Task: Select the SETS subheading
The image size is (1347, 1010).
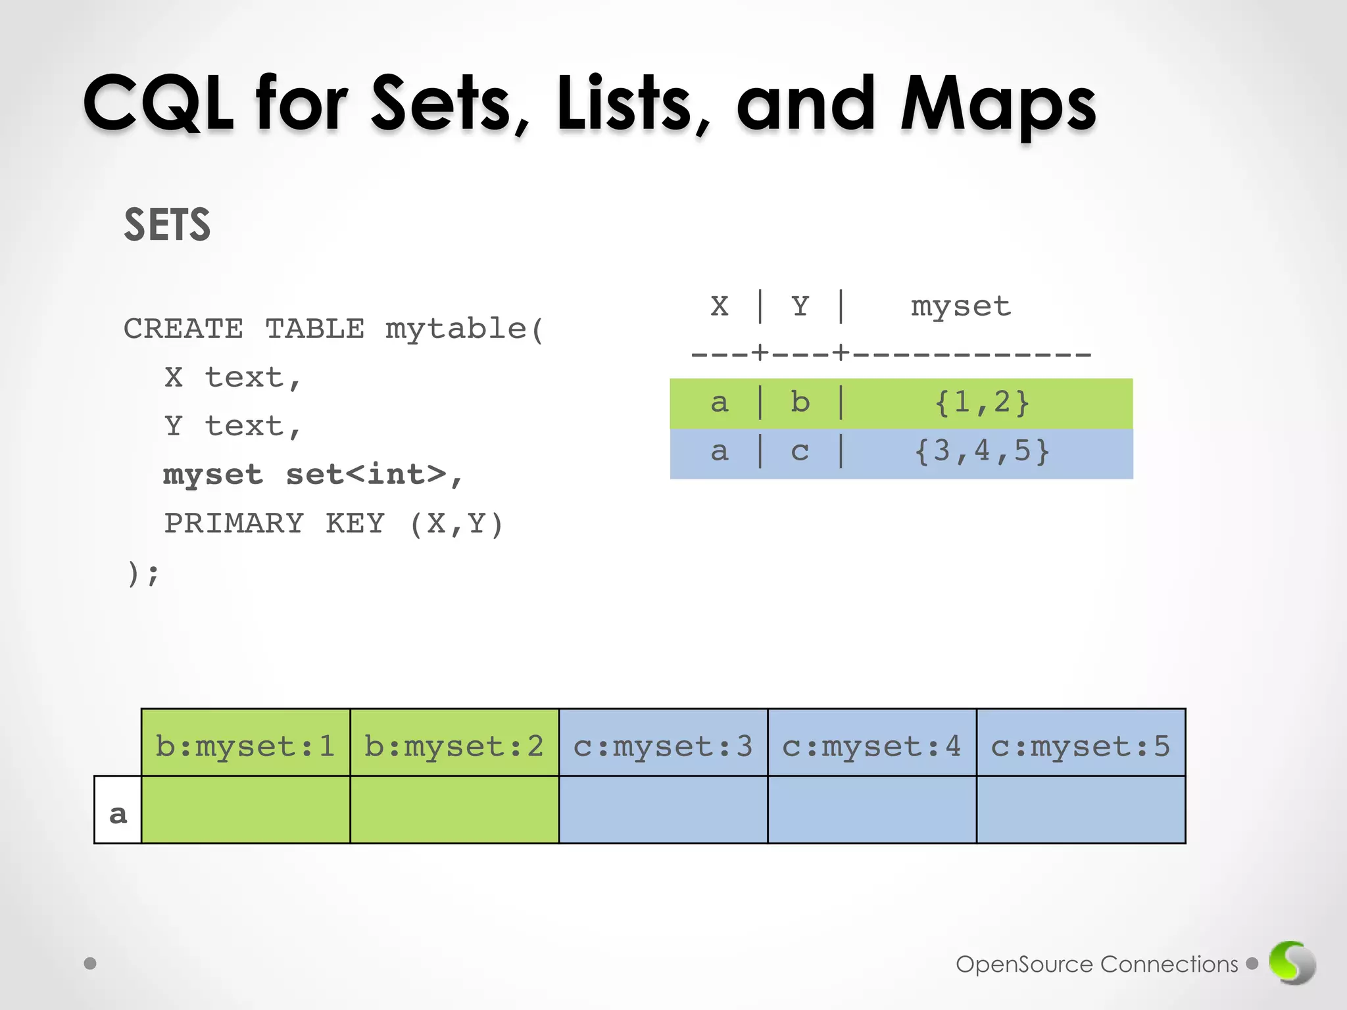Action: click(167, 225)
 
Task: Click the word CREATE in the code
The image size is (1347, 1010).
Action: click(184, 329)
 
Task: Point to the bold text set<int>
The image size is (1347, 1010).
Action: click(366, 475)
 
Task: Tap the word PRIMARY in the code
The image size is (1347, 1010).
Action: click(233, 524)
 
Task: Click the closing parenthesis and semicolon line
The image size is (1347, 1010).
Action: click(143, 573)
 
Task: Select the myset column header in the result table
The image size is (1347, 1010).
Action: click(960, 306)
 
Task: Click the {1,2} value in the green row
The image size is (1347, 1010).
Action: click(981, 402)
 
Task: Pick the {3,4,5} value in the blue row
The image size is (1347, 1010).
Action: click(981, 452)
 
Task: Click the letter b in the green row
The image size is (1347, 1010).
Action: click(800, 402)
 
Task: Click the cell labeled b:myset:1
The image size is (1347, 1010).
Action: click(245, 746)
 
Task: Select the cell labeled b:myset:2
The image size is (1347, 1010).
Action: click(454, 746)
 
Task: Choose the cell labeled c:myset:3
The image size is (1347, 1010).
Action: click(663, 746)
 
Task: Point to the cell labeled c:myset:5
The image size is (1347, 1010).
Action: click(1081, 746)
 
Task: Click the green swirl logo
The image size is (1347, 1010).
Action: click(1292, 963)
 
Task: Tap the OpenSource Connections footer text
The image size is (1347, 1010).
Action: click(1096, 965)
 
